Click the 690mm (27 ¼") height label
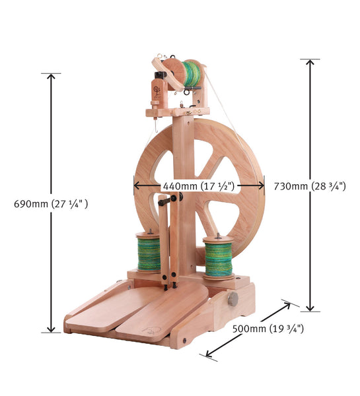point(51,204)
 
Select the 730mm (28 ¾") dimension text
point(310,186)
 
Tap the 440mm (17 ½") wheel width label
point(199,186)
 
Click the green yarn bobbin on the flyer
point(192,73)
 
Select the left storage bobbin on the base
point(149,253)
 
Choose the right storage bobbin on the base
point(219,257)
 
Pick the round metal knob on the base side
point(233,299)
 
